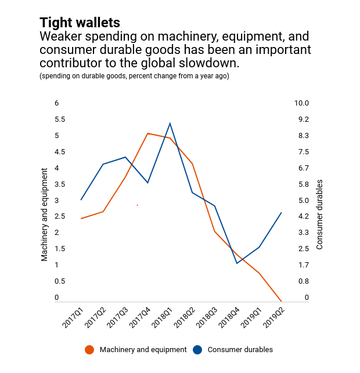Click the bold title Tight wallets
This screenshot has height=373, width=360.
(80, 23)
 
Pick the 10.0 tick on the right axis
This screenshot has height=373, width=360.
(303, 103)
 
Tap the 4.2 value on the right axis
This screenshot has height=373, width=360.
(303, 216)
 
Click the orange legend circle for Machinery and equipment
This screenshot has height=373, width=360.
(89, 350)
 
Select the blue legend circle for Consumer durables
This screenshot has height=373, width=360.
(197, 350)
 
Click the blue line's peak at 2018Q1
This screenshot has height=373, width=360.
(170, 124)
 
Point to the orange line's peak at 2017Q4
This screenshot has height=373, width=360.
(147, 133)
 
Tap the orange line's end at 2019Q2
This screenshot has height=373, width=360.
(282, 302)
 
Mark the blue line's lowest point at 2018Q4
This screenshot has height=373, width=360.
(237, 263)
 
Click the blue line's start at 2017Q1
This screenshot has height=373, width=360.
(81, 200)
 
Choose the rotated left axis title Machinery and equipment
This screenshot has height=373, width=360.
(45, 215)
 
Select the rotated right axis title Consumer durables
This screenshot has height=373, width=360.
(319, 215)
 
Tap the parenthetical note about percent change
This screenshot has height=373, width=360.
(134, 77)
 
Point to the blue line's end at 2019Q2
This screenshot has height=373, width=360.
(282, 212)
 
